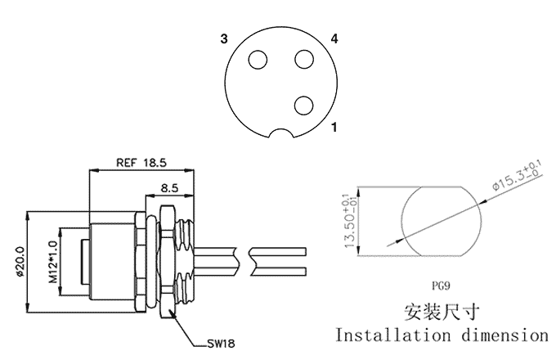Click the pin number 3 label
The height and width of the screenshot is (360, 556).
222,38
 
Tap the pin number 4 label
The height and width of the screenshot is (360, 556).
334,38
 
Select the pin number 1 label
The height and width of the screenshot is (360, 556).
334,128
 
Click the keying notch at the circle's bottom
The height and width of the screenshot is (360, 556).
284,134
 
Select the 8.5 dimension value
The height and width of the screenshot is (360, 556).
170,187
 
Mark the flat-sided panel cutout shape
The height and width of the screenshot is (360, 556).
441,221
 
